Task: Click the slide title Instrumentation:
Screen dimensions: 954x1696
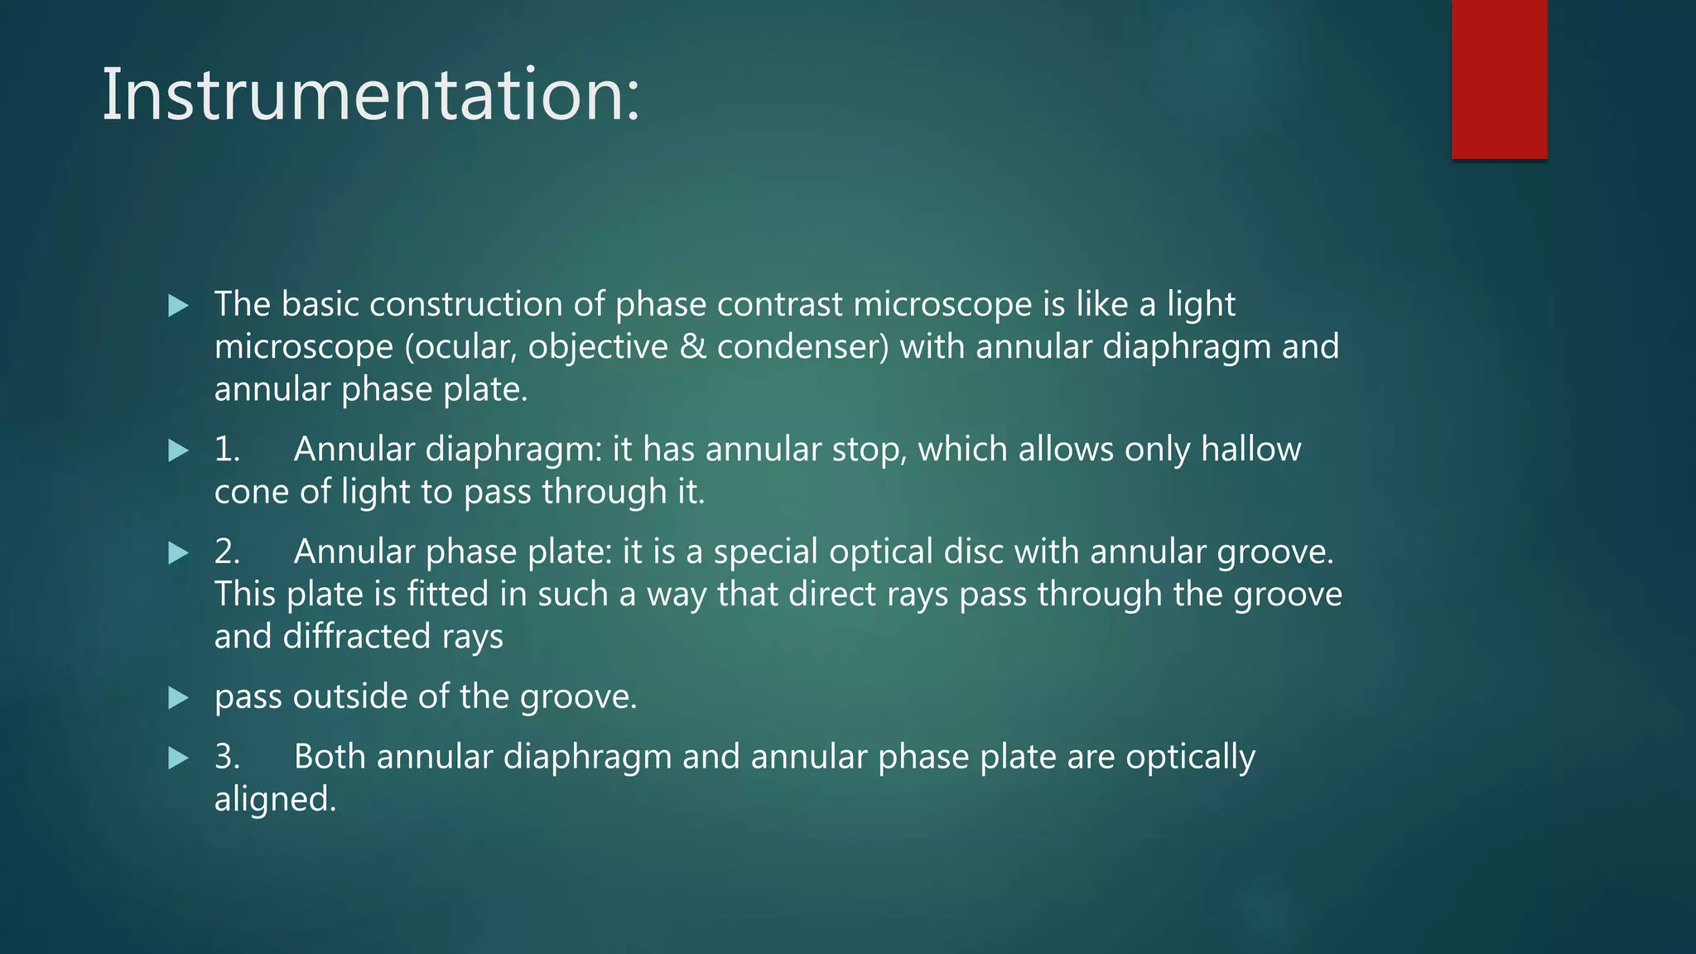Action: tap(371, 95)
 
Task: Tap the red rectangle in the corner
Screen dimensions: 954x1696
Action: tap(1499, 79)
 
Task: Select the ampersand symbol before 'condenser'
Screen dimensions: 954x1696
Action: tap(692, 347)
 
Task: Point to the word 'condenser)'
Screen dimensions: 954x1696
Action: tap(802, 347)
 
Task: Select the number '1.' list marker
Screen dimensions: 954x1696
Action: tap(227, 450)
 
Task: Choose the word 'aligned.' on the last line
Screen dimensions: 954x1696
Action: tap(275, 800)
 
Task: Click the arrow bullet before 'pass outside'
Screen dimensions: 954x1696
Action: tap(178, 698)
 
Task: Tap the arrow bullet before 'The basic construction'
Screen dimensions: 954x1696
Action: tap(178, 306)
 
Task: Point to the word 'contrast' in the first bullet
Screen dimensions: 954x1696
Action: tap(779, 305)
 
